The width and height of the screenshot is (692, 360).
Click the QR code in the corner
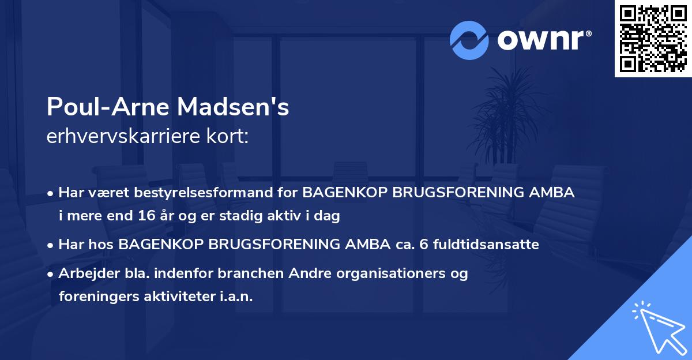click(x=653, y=38)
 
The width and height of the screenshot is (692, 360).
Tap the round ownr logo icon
click(x=469, y=40)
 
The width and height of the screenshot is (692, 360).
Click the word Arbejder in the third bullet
click(x=83, y=273)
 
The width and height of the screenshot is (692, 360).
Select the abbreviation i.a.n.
click(x=236, y=296)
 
